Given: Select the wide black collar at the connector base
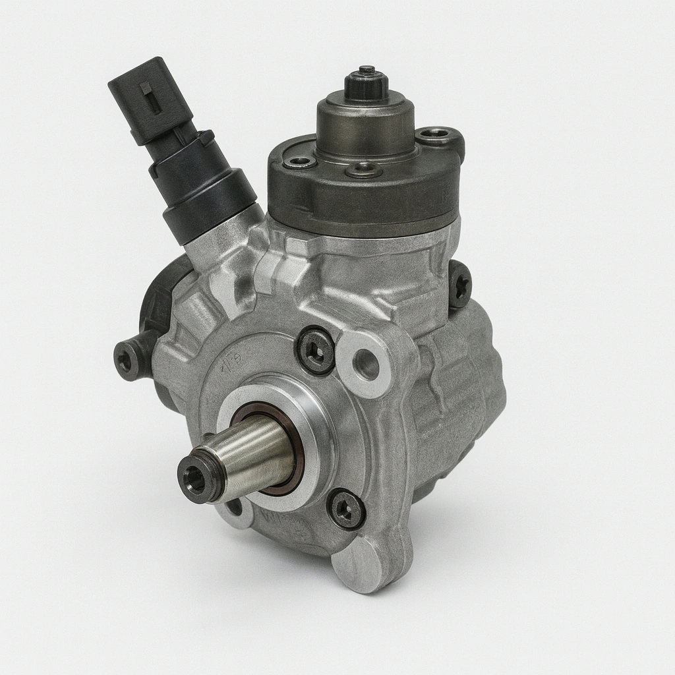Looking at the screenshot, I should coord(209,205).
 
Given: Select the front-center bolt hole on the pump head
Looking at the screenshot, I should coord(364,170).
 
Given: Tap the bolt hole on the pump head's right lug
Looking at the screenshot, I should coord(434,136).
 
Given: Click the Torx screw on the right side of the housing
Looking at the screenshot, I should coord(459,284).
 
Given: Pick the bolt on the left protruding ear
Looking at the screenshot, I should coord(126,359).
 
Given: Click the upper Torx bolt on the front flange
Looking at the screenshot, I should coord(316,351).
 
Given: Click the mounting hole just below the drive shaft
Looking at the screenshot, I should coord(235,509).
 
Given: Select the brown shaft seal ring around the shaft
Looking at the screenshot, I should coord(290,455).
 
